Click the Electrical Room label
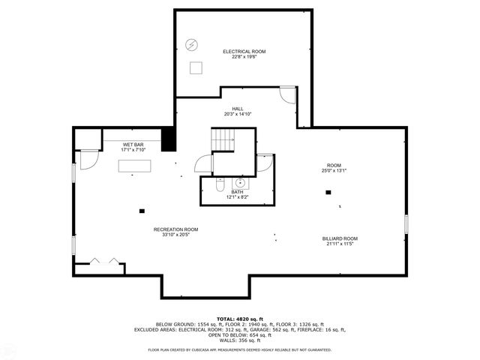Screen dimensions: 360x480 point(244,52)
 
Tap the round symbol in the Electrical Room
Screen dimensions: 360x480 point(191,44)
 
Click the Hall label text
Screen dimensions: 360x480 point(237,109)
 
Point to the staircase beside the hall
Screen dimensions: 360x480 point(223,139)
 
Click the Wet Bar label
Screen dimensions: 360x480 point(133,144)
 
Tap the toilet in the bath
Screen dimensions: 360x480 point(220,186)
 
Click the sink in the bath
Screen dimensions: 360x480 point(241,182)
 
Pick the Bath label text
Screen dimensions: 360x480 point(237,192)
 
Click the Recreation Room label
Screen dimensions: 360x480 point(175,229)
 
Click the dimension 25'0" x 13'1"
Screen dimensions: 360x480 point(334,170)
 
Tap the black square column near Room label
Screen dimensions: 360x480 point(328,192)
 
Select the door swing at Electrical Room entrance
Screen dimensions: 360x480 point(286,95)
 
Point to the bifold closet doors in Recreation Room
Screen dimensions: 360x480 point(103,261)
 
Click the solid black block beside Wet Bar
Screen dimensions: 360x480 point(168,139)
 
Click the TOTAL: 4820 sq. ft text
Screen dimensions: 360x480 point(239,319)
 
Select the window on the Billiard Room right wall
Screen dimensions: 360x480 point(406,223)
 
